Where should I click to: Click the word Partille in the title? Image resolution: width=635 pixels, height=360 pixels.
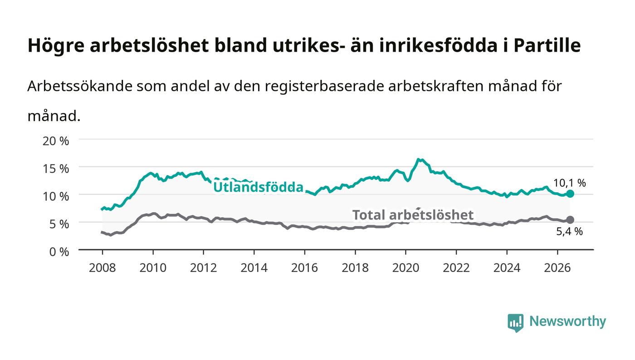pos(547,45)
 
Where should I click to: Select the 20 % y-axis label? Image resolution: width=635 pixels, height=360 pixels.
pos(56,141)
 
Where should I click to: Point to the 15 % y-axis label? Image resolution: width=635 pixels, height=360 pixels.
pos(56,169)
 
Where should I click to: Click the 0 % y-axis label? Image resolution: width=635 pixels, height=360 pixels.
pos(59,252)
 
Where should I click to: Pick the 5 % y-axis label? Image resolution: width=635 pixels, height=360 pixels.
pos(59,224)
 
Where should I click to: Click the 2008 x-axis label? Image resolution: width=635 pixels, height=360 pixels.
pos(103,268)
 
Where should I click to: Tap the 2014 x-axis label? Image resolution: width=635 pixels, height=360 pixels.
pos(254,268)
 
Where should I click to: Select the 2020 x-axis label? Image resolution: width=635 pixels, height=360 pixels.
pos(405,268)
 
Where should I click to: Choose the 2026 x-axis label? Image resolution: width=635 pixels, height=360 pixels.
pos(557,268)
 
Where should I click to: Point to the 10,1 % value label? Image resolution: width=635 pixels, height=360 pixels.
pos(570,183)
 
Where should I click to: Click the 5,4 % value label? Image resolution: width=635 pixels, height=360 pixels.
pos(570,232)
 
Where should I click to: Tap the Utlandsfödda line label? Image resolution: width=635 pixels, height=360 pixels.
pos(258,187)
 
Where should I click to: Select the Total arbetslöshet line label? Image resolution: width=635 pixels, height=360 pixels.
pos(413,215)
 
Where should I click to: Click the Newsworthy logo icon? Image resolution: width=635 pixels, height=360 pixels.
pos(515,323)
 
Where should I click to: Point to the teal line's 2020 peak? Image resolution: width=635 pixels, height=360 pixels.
pos(418,159)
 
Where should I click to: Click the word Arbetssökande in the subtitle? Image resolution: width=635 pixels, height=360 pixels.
pos(80,86)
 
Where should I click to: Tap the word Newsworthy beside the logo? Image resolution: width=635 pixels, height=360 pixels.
pos(568,321)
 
